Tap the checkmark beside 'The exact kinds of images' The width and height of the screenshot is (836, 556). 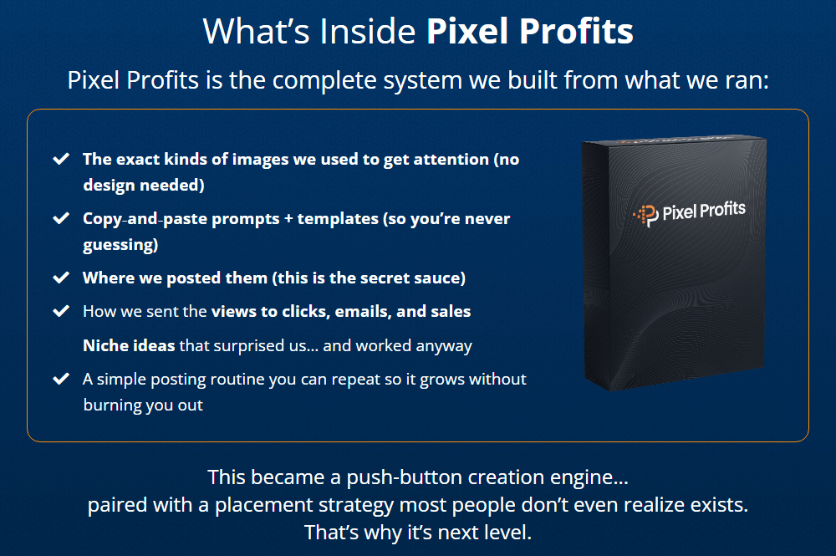coord(60,159)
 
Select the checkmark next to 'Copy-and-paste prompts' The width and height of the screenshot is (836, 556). coord(60,219)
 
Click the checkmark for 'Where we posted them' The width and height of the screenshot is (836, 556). coord(60,278)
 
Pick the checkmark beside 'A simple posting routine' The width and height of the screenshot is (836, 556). coord(60,379)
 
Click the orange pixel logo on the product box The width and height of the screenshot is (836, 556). coord(645,216)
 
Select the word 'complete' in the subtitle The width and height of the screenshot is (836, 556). coord(323,81)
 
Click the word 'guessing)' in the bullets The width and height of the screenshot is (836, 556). coord(121,245)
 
